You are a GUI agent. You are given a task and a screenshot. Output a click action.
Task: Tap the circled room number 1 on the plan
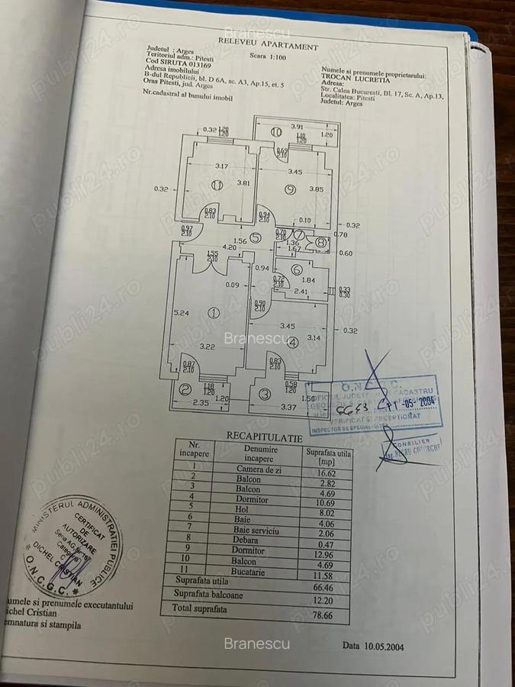(214, 312)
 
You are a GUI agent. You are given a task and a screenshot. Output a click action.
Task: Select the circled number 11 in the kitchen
(217, 185)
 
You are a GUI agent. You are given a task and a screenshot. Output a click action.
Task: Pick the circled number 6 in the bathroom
(296, 268)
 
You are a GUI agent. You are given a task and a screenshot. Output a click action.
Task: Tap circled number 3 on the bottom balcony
(265, 394)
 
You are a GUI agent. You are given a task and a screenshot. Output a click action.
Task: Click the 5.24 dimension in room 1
(181, 312)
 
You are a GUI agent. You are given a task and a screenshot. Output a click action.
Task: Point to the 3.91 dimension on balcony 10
(296, 127)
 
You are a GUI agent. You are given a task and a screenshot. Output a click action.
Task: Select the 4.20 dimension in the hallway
(210, 247)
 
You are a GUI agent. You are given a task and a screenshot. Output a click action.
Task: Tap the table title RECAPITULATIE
(264, 437)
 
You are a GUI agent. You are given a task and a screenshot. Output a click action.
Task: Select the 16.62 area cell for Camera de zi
(324, 473)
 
